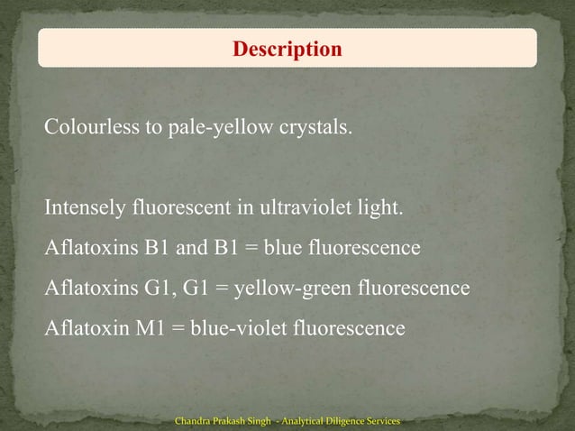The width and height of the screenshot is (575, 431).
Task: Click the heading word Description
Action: (x=287, y=49)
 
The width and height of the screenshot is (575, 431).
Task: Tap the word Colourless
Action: (x=91, y=127)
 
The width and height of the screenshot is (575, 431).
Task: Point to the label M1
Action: (x=150, y=328)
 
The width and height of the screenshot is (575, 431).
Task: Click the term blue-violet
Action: (x=235, y=328)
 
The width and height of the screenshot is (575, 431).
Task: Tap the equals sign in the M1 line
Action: (x=178, y=328)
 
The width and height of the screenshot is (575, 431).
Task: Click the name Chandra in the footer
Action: (x=195, y=421)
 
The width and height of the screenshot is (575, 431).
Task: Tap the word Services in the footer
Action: (x=382, y=421)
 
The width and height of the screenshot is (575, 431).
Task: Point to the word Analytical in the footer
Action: (x=293, y=421)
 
